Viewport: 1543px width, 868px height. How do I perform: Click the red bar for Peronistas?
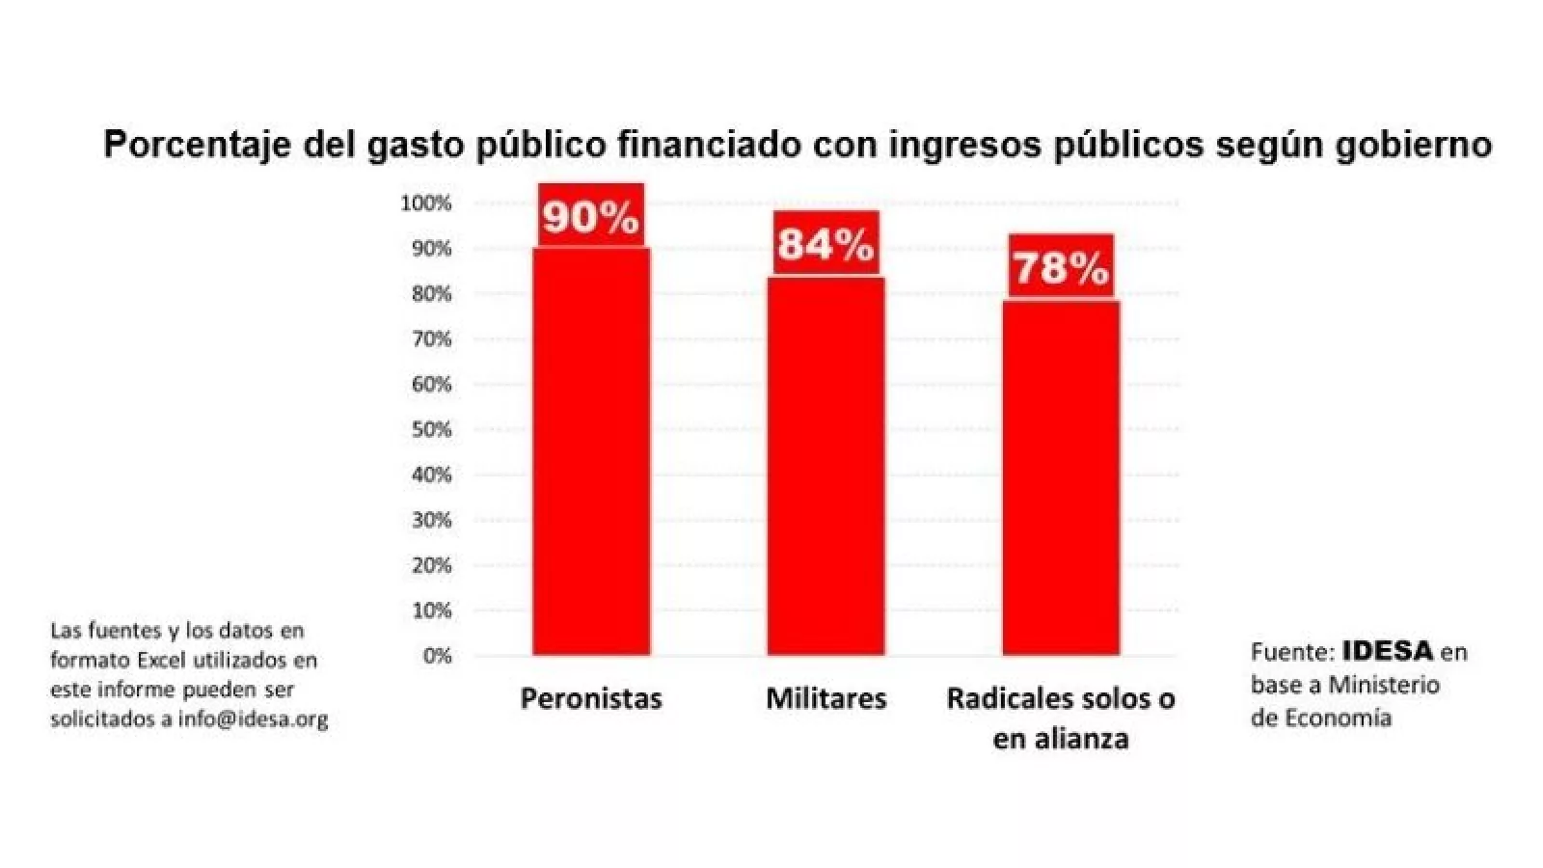point(591,453)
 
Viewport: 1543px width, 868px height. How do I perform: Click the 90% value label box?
point(590,216)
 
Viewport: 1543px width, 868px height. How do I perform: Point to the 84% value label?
point(826,243)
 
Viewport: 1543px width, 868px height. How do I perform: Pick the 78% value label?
point(1061,266)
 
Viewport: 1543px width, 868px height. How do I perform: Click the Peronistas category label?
point(591,698)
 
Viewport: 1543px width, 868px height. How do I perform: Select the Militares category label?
point(826,698)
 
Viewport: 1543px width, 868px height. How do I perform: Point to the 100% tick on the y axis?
point(426,203)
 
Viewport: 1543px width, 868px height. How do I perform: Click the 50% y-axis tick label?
point(431,430)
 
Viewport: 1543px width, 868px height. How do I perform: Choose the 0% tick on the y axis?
point(436,656)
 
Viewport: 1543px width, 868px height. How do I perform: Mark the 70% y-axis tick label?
point(431,339)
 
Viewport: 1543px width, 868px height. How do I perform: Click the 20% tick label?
point(431,565)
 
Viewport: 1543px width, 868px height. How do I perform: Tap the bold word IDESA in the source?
point(1388,651)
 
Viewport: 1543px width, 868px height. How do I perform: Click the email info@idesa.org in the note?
point(253,719)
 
